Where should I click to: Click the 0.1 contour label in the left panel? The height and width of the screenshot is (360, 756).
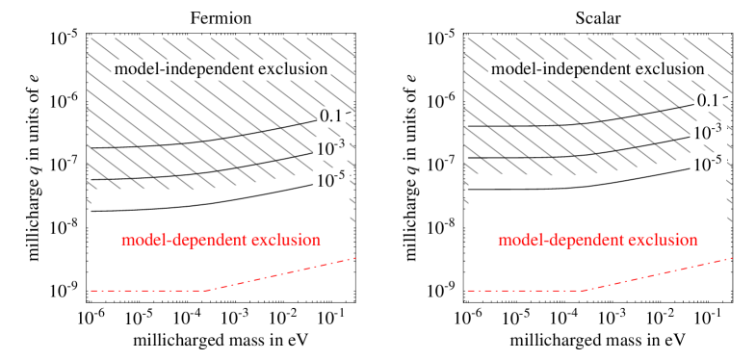pyautogui.click(x=331, y=116)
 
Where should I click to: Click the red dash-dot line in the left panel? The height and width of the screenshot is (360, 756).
pyautogui.click(x=144, y=290)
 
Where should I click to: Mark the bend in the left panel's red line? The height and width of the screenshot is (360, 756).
pyautogui.click(x=206, y=290)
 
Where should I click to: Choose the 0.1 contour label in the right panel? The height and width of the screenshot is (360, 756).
pyautogui.click(x=708, y=100)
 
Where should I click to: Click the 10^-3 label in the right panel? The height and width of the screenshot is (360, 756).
pyautogui.click(x=708, y=132)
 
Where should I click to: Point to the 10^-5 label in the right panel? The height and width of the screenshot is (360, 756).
pyautogui.click(x=708, y=165)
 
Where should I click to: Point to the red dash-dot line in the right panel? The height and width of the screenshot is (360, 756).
pyautogui.click(x=520, y=290)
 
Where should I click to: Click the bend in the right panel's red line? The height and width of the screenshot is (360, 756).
pyautogui.click(x=583, y=290)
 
